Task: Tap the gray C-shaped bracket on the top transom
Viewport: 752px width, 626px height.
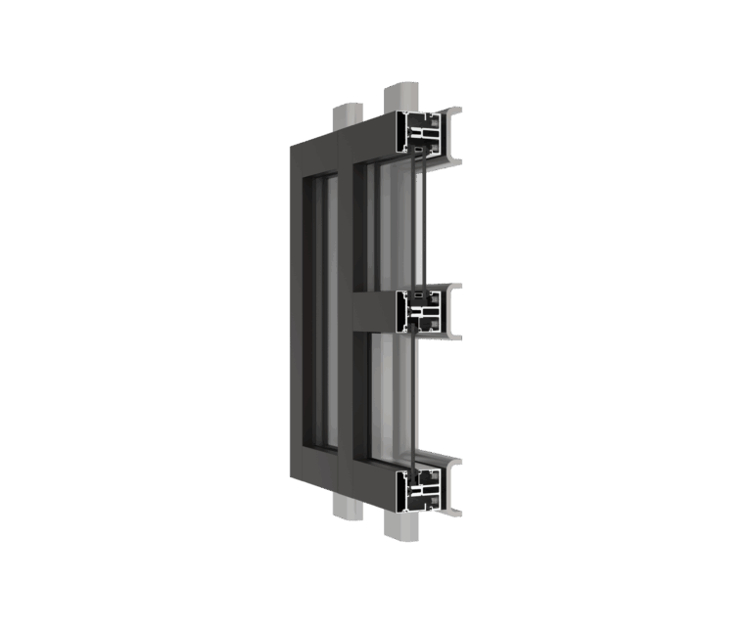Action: (449, 138)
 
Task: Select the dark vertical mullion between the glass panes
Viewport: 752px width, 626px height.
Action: (345, 313)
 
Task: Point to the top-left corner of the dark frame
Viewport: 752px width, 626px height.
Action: (294, 147)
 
